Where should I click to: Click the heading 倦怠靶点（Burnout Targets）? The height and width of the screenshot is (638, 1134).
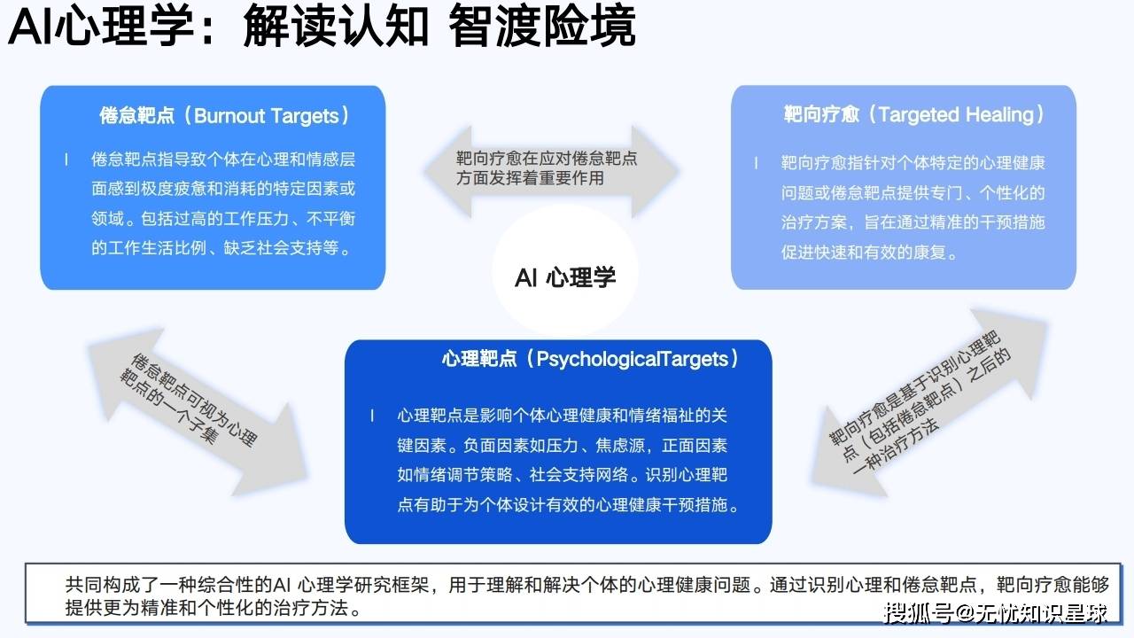224,115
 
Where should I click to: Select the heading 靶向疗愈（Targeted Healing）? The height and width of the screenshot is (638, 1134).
913,114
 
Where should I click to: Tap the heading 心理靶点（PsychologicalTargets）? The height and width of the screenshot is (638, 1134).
590,359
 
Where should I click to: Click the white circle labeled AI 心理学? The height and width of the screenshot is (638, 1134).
565,271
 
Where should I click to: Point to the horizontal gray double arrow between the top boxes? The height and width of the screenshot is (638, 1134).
551,171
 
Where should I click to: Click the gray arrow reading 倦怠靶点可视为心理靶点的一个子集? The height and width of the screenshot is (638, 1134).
198,411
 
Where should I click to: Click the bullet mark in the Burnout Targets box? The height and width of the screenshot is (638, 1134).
66,159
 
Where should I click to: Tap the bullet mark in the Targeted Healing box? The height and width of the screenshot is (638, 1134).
757,162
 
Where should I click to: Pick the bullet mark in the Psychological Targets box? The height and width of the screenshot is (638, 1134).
372,416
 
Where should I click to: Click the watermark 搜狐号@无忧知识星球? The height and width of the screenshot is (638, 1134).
995,613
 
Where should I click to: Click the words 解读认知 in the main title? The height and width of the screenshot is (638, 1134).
336,27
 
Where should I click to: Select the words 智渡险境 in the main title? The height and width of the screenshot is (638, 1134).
541,27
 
